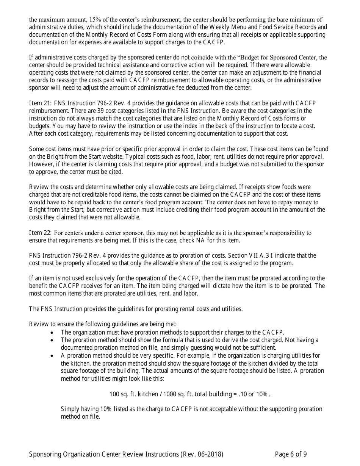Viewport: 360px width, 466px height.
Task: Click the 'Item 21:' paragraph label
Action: [x=41, y=103]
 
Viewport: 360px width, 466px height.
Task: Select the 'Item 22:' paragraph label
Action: [x=41, y=233]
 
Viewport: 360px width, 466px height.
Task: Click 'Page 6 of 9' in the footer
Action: [x=291, y=454]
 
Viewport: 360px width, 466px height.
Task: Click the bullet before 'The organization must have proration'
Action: [x=53, y=333]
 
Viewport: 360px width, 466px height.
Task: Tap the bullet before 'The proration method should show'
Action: [x=53, y=340]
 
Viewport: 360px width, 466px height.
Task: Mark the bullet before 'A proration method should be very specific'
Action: [x=53, y=356]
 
